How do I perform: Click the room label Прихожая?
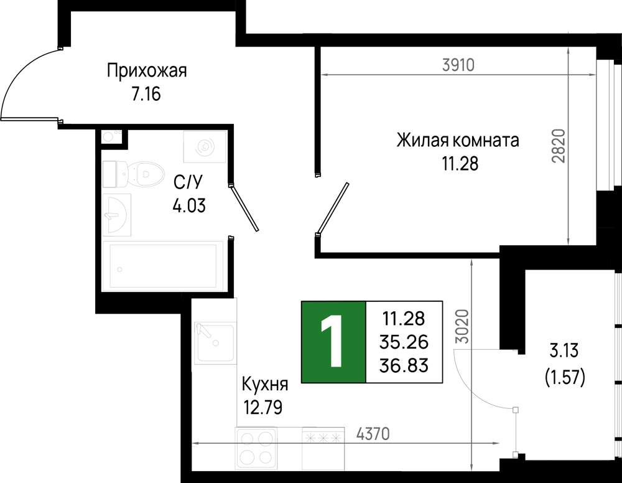tap(147, 71)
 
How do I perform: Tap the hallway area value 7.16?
tap(146, 95)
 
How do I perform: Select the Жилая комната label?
tap(458, 141)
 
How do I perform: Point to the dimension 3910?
tap(458, 65)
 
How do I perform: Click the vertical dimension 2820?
tap(558, 146)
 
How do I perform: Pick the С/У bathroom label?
tap(188, 182)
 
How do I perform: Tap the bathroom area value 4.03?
tap(189, 205)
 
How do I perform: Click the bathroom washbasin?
tap(117, 215)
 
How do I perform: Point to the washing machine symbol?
tap(205, 146)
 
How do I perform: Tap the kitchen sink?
tap(214, 344)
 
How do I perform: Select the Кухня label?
tap(265, 384)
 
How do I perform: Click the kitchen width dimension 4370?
tap(373, 434)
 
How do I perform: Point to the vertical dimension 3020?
tap(463, 326)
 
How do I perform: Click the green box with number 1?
tap(333, 342)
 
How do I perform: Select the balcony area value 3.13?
tap(564, 351)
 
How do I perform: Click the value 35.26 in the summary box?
tap(404, 342)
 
